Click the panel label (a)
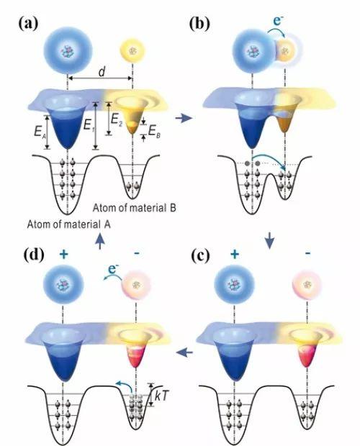pyautogui.click(x=28, y=23)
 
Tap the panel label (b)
pyautogui.click(x=199, y=23)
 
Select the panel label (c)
pyautogui.click(x=200, y=255)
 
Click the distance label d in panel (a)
pyautogui.click(x=102, y=72)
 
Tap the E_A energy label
pyautogui.click(x=40, y=132)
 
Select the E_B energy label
pyautogui.click(x=154, y=132)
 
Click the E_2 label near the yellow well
pyautogui.click(x=117, y=119)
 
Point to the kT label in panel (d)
pyautogui.click(x=162, y=396)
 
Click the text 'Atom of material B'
pyautogui.click(x=135, y=208)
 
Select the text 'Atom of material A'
pyautogui.click(x=69, y=224)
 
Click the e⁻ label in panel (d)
pyautogui.click(x=114, y=269)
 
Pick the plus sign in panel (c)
pyautogui.click(x=235, y=254)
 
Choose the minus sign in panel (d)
pyautogui.click(x=137, y=253)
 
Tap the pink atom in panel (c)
pyautogui.click(x=307, y=284)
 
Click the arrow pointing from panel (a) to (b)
pyautogui.click(x=184, y=118)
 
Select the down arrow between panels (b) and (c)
pyautogui.click(x=269, y=241)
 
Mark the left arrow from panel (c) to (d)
pyautogui.click(x=185, y=353)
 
